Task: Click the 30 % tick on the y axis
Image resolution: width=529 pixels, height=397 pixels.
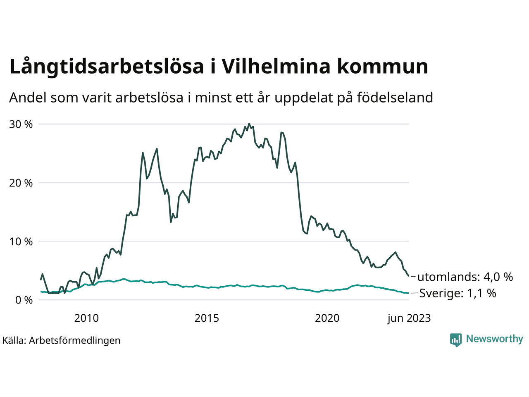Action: (21, 124)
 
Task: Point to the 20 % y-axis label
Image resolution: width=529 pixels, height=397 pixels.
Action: (21, 183)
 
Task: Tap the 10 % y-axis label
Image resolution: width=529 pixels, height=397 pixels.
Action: (21, 242)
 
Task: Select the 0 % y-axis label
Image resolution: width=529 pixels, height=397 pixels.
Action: (24, 300)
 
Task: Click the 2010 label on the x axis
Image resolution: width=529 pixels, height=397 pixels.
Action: (86, 318)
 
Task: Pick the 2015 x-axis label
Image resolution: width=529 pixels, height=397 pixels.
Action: (207, 318)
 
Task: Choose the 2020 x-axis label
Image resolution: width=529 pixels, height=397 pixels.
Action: (327, 318)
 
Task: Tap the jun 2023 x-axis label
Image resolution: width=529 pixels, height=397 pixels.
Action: (409, 318)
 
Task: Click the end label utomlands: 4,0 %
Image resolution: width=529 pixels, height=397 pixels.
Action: (465, 277)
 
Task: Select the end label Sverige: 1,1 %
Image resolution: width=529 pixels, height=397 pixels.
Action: (458, 293)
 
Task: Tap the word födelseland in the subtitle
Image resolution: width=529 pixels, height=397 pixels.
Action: (395, 98)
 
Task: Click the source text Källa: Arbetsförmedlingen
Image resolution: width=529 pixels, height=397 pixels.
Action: (61, 340)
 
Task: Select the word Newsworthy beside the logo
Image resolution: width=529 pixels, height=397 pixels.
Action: (494, 339)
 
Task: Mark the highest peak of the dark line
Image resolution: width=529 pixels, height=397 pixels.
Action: (249, 124)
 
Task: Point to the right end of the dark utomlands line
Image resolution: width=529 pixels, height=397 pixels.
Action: (409, 276)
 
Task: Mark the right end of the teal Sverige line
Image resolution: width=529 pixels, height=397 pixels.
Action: (409, 293)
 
